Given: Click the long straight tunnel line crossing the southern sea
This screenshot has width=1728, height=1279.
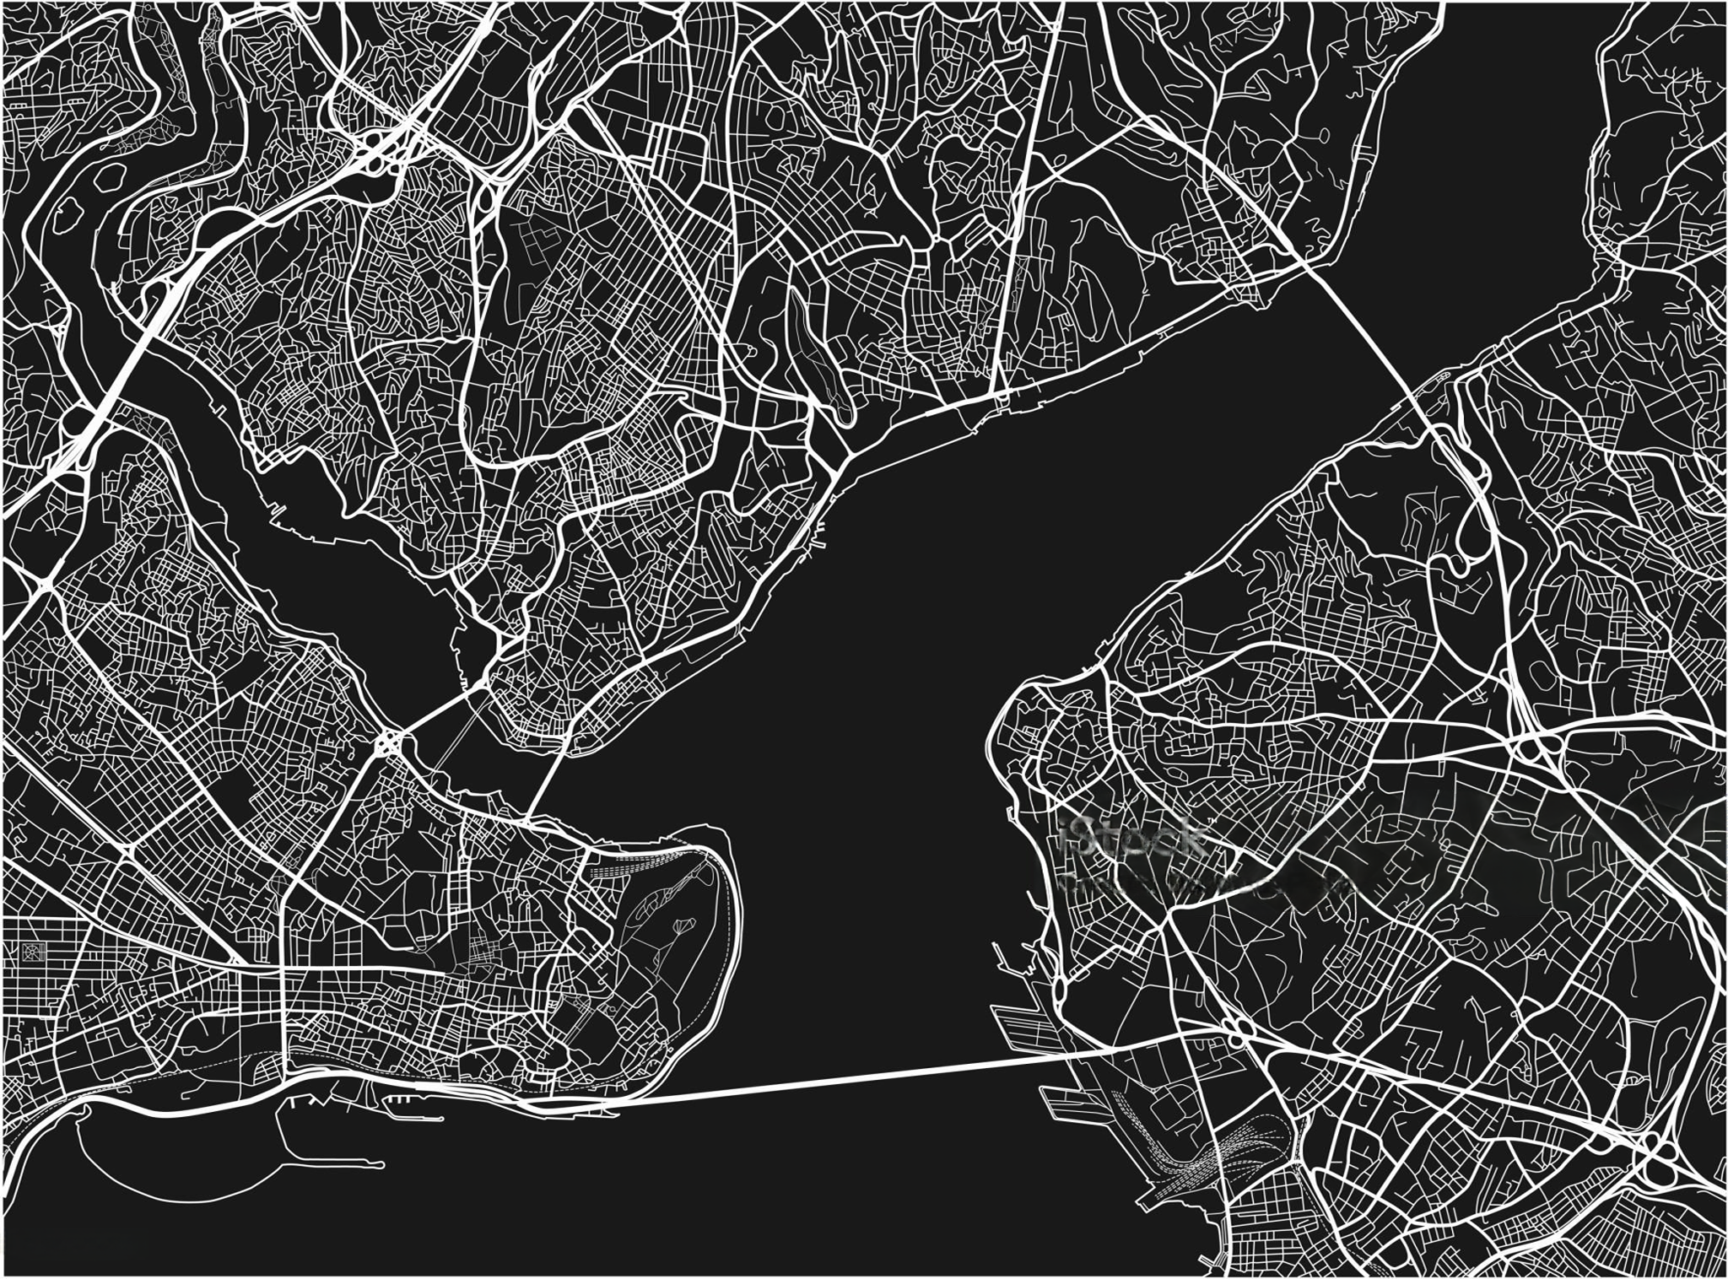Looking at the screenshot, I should point(844,1075).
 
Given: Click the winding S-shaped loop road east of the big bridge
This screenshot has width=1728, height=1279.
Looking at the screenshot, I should point(1468,532).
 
